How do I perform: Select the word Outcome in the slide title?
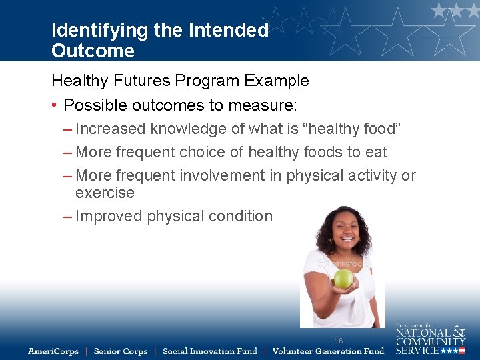pos(93,51)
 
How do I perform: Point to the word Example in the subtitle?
pos(276,81)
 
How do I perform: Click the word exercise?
pos(105,193)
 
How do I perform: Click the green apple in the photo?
pos(343,278)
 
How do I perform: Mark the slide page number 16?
pos(339,341)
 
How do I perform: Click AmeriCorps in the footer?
pos(53,351)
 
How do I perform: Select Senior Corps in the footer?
pos(120,351)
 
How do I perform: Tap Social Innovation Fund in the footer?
pos(209,351)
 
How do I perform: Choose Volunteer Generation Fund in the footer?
pos(328,351)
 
